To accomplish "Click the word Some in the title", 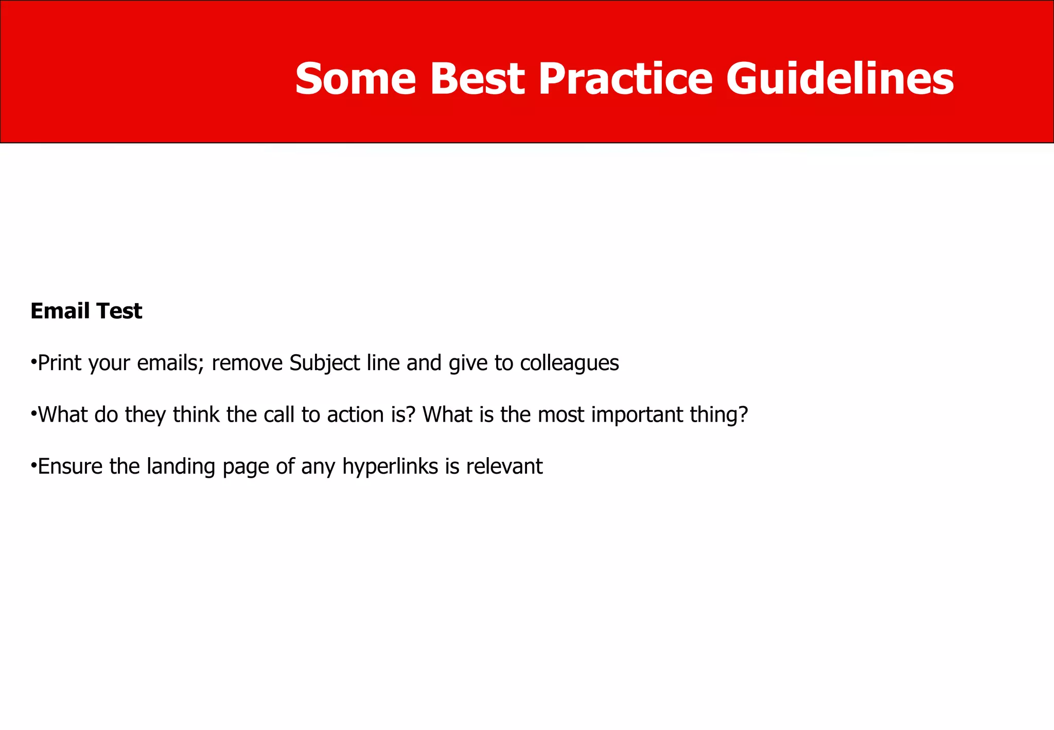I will point(355,79).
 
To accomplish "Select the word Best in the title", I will point(477,79).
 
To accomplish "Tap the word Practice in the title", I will point(625,79).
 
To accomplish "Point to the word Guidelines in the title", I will point(840,79).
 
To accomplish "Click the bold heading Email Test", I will point(86,311).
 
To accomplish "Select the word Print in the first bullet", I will point(60,363).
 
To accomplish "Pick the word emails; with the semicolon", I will point(171,363).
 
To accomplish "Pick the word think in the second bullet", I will point(196,414).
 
